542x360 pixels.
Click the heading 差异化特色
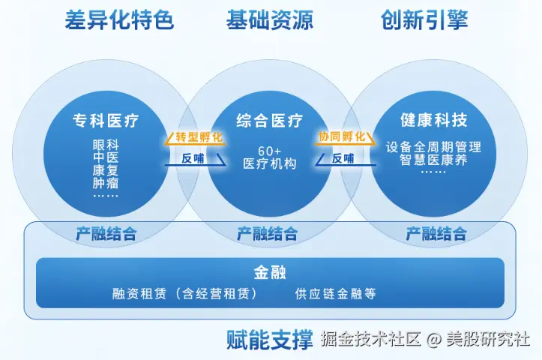[119, 20]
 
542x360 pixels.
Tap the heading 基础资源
[270, 20]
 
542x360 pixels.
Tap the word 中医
[106, 157]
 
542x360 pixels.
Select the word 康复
[106, 169]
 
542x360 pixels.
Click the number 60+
[270, 149]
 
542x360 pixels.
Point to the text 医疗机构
[270, 163]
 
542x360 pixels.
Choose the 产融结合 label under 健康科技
[436, 233]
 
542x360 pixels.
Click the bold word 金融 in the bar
[270, 272]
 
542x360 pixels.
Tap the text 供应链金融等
[336, 294]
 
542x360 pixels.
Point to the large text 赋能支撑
[269, 339]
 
